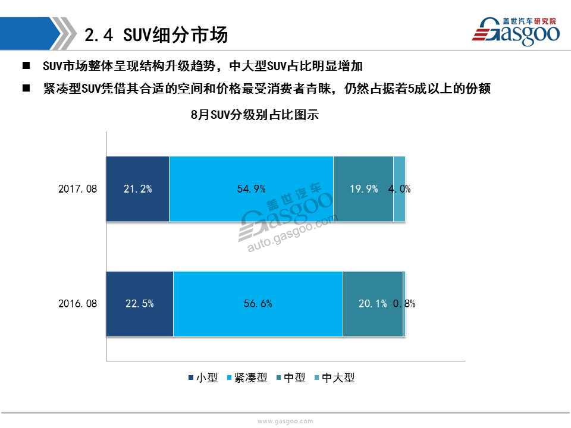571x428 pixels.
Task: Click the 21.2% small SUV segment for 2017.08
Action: [137, 189]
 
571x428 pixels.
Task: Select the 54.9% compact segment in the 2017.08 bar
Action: [251, 189]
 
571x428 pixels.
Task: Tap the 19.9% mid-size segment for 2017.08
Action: [363, 189]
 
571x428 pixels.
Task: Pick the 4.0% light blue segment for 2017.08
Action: [400, 189]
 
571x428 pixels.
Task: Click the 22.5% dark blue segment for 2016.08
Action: [140, 304]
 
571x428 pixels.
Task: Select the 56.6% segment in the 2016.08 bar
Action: [258, 304]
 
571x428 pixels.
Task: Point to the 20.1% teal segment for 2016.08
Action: [373, 304]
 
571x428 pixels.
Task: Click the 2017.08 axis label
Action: [77, 189]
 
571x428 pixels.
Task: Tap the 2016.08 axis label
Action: [77, 304]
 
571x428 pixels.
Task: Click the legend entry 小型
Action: [203, 378]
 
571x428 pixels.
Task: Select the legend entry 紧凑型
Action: [247, 378]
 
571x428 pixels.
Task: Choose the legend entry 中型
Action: [291, 378]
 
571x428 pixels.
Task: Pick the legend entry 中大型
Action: [335, 378]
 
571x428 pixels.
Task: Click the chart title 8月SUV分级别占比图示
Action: [255, 115]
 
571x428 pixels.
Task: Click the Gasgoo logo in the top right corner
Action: [516, 32]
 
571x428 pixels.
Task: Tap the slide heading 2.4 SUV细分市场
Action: [156, 35]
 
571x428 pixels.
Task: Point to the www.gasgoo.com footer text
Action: [285, 421]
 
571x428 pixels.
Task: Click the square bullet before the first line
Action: [26, 65]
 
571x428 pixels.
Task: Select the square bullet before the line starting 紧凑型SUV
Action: [26, 88]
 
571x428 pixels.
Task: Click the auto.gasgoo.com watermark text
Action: [293, 234]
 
